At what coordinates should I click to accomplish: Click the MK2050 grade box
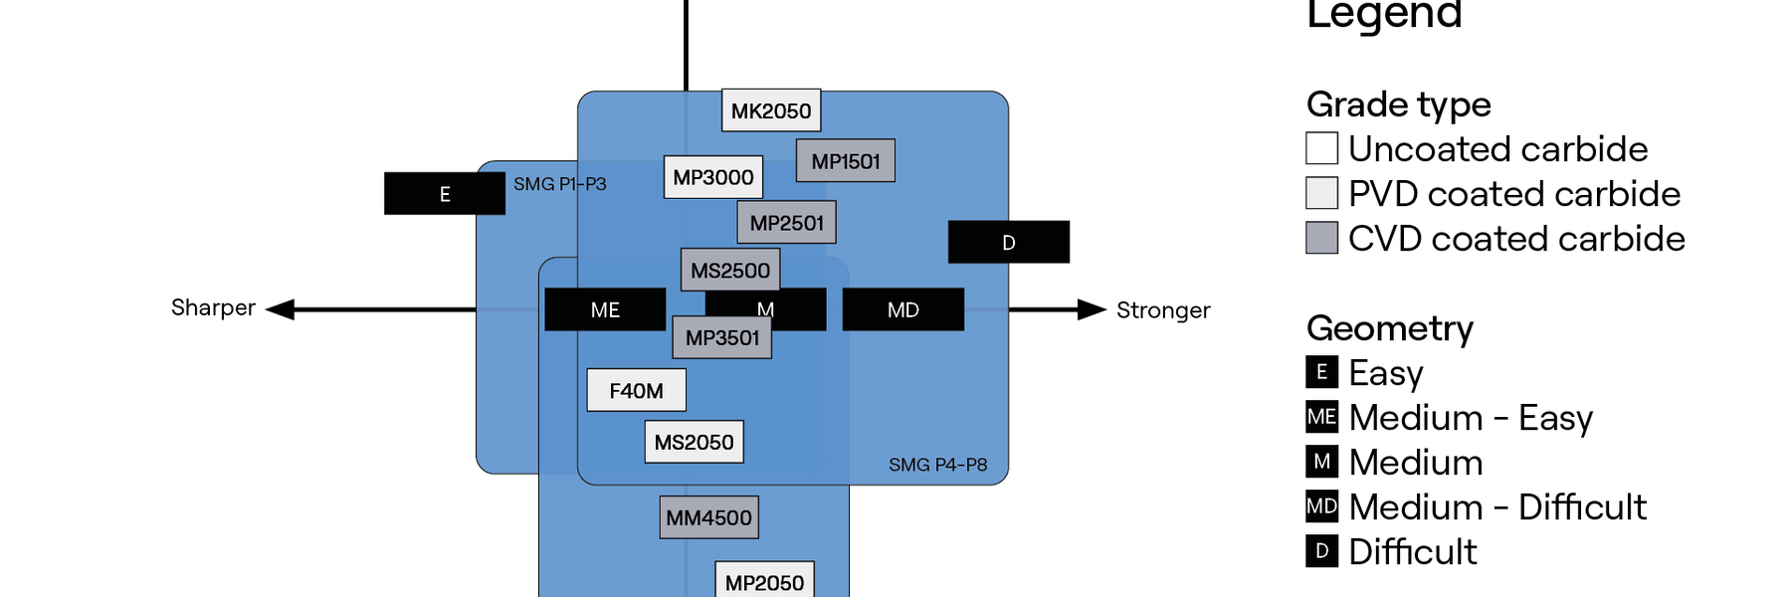click(x=771, y=110)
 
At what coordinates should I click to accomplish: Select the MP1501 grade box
click(x=846, y=161)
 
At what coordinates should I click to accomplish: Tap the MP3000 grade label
click(x=713, y=177)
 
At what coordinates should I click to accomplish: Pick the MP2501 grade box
click(x=786, y=223)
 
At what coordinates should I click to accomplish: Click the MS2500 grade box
click(x=730, y=270)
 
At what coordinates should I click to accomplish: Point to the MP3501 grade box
click(x=722, y=338)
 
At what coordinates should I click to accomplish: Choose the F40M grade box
click(x=636, y=390)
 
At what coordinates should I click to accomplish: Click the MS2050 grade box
click(x=694, y=442)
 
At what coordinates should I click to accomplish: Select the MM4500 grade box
click(x=708, y=517)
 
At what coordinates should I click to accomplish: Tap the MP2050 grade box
click(x=764, y=581)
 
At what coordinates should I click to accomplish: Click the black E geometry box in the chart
click(x=445, y=194)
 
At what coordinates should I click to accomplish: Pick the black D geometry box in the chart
click(x=1008, y=242)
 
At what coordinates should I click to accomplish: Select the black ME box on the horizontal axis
click(x=605, y=309)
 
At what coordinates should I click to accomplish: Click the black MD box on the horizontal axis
click(x=902, y=309)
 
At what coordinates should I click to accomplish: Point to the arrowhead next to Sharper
click(x=281, y=309)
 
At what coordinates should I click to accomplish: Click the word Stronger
click(x=1162, y=310)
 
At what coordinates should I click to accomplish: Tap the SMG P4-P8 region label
click(x=937, y=465)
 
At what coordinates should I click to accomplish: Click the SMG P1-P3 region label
click(x=559, y=184)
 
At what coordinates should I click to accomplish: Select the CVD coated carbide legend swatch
click(x=1321, y=238)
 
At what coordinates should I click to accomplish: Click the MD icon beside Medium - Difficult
click(x=1321, y=506)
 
